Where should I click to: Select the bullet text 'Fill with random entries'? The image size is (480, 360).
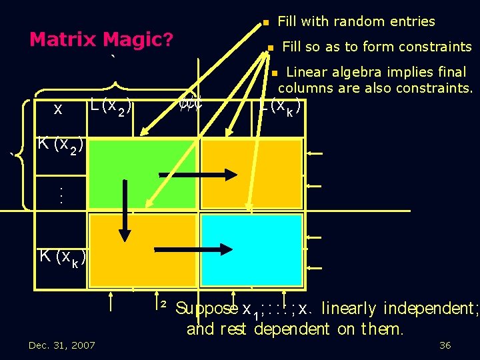tap(356, 22)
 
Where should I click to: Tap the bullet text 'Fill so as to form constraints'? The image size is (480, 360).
tap(377, 47)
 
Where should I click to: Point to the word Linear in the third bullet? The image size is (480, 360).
tap(309, 72)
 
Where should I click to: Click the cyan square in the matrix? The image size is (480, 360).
tap(252, 250)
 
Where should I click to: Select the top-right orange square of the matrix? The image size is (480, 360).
tap(252, 173)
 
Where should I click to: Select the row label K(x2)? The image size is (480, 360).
tap(60, 143)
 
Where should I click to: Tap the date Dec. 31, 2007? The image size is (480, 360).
tap(61, 345)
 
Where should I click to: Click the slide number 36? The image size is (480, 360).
tap(445, 345)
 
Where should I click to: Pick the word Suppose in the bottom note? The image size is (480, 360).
tap(207, 308)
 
